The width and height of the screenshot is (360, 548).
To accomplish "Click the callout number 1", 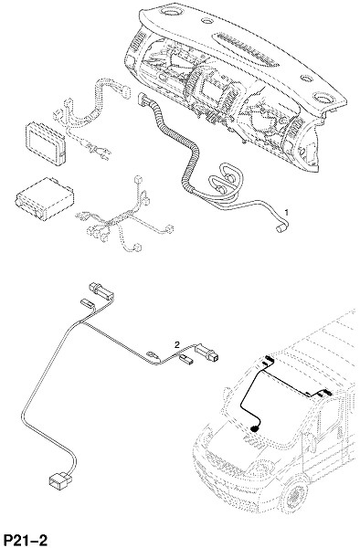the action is pos(287,212).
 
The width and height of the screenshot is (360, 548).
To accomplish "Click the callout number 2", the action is pos(177,345).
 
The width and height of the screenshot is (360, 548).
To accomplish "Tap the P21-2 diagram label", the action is pos(25,540).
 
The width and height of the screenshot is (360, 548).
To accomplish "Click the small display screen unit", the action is pos(46,142).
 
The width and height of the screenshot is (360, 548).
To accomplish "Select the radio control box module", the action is pos(45,199).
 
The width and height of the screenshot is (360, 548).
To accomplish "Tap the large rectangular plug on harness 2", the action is pos(60,480).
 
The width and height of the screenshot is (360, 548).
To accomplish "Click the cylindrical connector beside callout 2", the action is pos(207,353).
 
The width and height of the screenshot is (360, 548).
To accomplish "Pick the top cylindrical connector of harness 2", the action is pos(102,291).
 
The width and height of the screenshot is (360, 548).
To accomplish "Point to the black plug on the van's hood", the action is pos(254,428).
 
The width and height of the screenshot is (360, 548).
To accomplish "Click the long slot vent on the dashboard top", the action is pos(249,49).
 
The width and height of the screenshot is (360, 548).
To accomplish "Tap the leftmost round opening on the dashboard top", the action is pos(171,12).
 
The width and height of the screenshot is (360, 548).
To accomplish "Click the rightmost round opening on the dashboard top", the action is pos(324,98).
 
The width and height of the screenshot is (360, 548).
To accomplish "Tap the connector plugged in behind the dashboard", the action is pos(143,99).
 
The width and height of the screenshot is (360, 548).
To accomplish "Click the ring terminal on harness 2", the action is pos(152,354).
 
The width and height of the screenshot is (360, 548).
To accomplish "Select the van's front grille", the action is pos(228,462).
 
